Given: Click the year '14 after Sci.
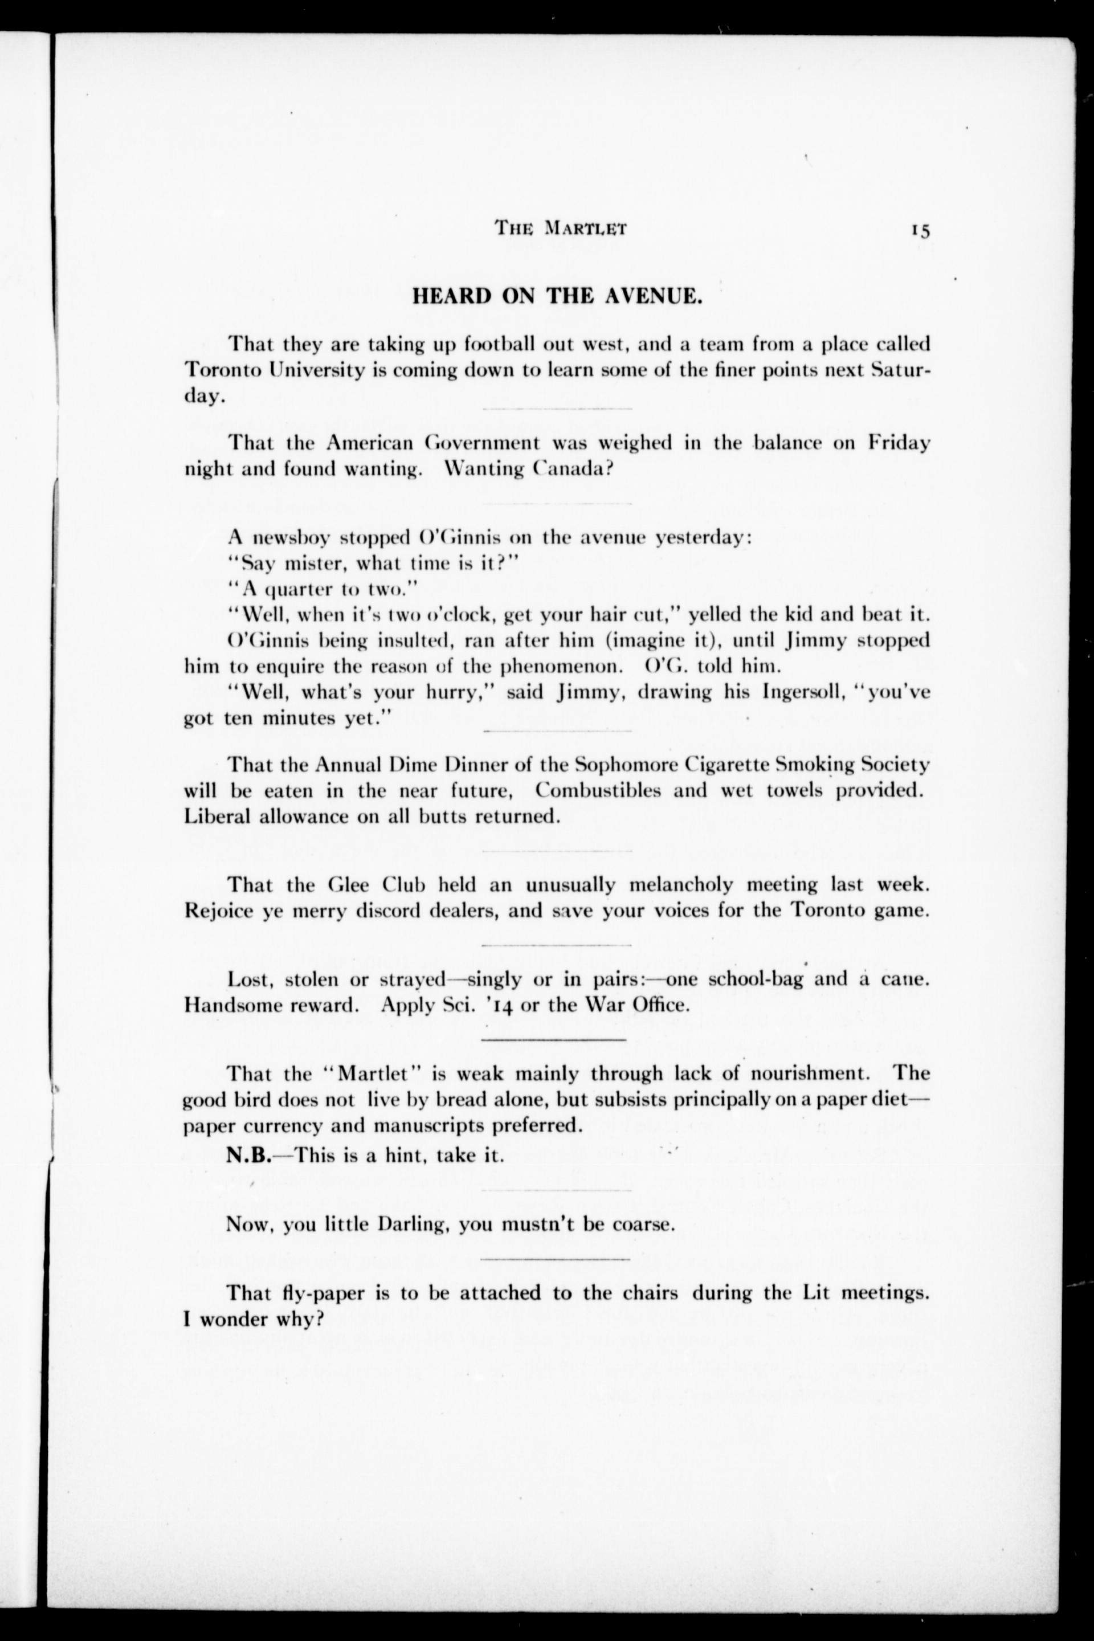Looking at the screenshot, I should click(x=499, y=1006).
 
